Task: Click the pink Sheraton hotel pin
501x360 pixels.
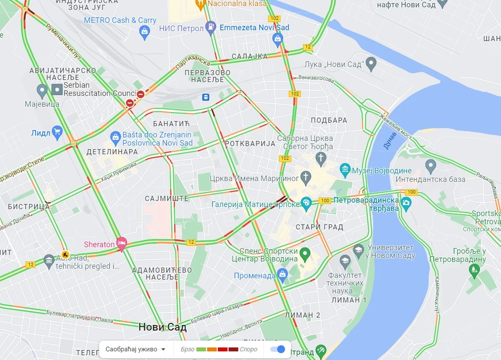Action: [x=122, y=243]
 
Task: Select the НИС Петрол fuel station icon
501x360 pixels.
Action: [x=211, y=27]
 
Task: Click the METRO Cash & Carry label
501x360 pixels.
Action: [x=120, y=20]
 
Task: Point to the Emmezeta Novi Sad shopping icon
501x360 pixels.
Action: [x=277, y=38]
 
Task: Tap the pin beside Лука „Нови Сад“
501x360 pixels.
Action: [x=371, y=65]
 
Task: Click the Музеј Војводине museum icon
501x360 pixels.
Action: [x=345, y=171]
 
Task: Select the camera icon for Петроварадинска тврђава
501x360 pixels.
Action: [x=406, y=202]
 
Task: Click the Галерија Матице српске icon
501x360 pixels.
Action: [x=306, y=203]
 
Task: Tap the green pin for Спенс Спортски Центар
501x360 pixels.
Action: [x=305, y=253]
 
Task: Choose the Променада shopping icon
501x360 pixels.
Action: [x=282, y=275]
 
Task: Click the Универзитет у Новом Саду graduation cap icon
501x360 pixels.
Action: [x=359, y=249]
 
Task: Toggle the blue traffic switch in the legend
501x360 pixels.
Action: [x=278, y=349]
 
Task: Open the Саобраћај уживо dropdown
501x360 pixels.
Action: [x=135, y=349]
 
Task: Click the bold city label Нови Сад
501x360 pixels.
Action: [x=163, y=327]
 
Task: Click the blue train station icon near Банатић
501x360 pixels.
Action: [x=205, y=97]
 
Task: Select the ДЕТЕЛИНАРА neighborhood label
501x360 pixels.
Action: [x=112, y=151]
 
